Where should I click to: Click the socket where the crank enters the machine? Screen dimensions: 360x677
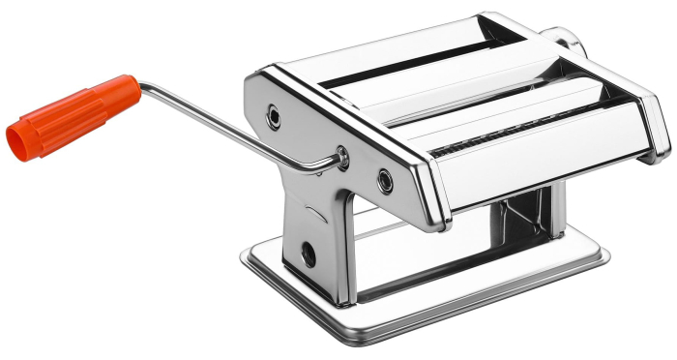pyautogui.click(x=342, y=155)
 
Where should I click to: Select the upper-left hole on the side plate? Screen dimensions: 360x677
pyautogui.click(x=275, y=117)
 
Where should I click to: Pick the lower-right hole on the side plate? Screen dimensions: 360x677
pyautogui.click(x=386, y=180)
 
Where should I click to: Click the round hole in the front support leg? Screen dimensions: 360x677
pyautogui.click(x=309, y=255)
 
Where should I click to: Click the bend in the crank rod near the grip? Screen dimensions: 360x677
pyautogui.click(x=144, y=87)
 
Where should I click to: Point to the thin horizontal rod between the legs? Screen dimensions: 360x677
pyautogui.click(x=382, y=230)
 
